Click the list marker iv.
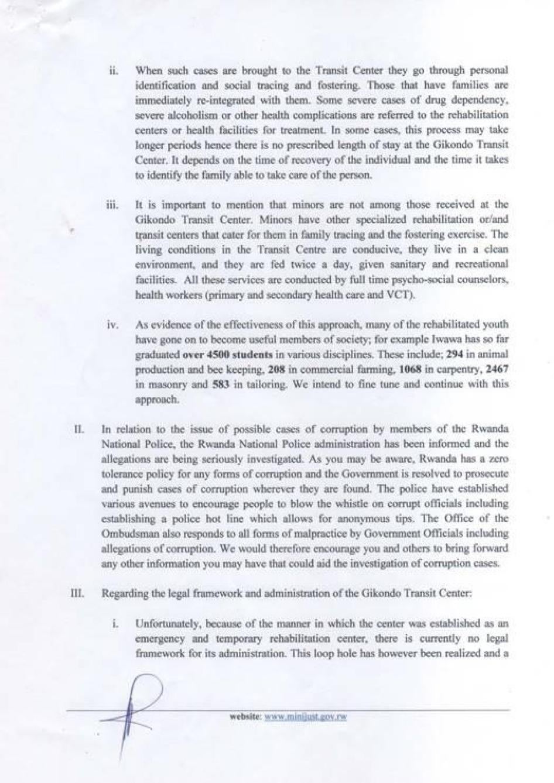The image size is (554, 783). pos(114,324)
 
